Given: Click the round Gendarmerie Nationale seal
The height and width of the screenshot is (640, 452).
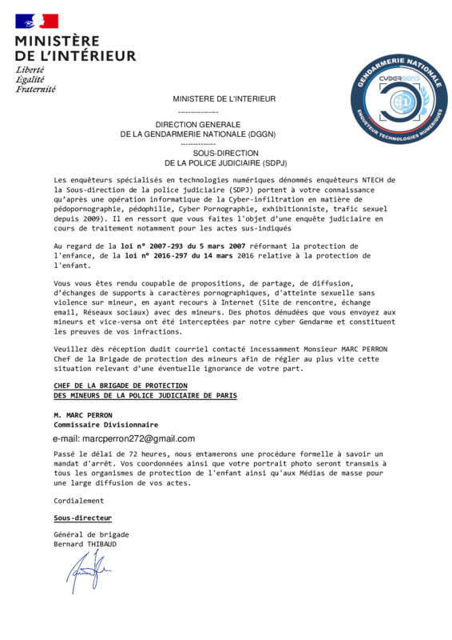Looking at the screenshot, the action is tap(397, 94).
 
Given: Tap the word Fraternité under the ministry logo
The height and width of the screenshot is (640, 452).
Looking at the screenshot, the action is tap(35, 89).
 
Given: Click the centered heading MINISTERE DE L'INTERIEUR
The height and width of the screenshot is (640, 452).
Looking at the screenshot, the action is tap(224, 98).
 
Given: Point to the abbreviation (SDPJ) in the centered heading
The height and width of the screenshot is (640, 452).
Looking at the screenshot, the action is tap(268, 162).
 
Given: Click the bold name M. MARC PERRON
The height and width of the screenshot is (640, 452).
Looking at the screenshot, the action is tap(83, 415).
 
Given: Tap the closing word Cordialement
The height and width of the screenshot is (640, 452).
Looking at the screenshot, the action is tap(78, 500).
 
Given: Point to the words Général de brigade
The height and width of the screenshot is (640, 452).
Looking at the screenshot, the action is tap(90, 534).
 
